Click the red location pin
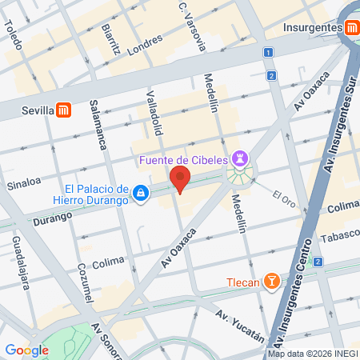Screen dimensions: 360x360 [x=180, y=180]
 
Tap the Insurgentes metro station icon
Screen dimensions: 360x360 [x=351, y=26]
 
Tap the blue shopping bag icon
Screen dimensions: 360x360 [x=141, y=193]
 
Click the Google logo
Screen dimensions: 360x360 [x=26, y=350]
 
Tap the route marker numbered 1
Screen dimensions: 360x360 [x=268, y=52]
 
